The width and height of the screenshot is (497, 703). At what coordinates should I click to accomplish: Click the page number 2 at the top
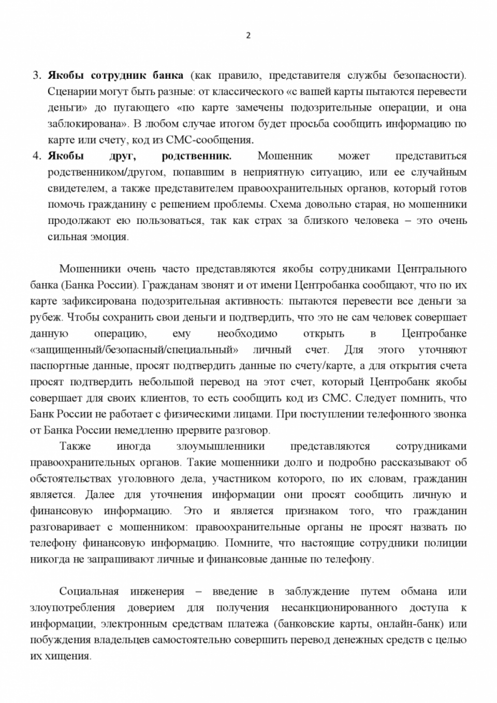pos(248,36)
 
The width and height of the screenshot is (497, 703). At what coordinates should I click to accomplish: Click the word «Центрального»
pos(431,269)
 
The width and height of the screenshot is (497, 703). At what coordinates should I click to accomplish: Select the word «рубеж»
pos(46,317)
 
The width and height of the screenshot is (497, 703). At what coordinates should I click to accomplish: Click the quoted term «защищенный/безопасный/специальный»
pos(134,350)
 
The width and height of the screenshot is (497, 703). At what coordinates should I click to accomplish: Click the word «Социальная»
pos(89,591)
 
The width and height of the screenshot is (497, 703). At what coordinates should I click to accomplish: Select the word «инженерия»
pos(158,591)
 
